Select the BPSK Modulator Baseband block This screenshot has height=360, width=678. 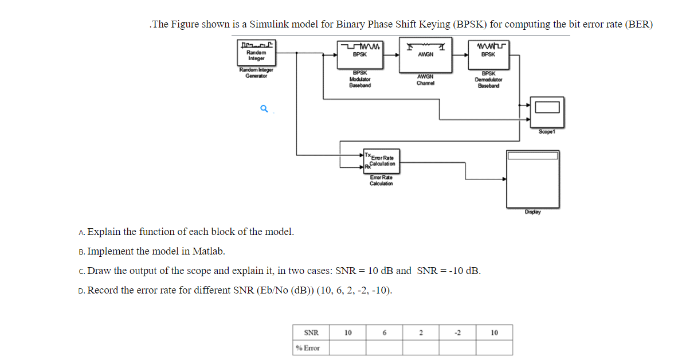coord(360,54)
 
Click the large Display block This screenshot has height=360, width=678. coord(532,179)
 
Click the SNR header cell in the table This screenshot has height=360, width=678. coord(311,332)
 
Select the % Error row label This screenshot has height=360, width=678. coord(308,348)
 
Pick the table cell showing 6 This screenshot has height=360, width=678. coord(385,332)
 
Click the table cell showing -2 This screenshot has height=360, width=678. coord(457,332)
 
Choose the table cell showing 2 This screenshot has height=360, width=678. coord(421,332)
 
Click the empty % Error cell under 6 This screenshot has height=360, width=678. coord(385,348)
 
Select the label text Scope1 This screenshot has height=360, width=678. coord(546,131)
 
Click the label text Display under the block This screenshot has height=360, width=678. coord(532,212)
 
